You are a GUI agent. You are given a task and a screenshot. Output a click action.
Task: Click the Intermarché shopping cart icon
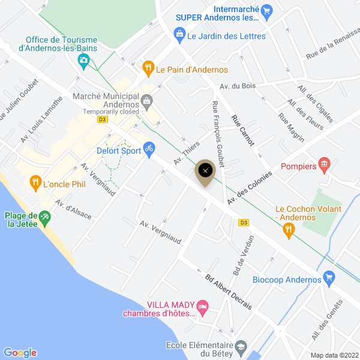268,10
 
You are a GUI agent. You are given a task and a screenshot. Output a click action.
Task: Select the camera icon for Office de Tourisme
84,60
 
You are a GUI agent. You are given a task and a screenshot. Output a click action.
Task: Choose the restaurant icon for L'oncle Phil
35,181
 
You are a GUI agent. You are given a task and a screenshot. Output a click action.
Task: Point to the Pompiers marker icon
325,163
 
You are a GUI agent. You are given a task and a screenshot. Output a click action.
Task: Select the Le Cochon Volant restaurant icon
289,229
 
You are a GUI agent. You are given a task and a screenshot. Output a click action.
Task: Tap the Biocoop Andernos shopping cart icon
328,277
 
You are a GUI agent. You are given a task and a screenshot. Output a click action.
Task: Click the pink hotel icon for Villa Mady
203,308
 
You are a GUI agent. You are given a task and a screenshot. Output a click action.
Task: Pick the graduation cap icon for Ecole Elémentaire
241,347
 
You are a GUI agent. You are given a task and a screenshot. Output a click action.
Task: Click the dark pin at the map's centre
206,170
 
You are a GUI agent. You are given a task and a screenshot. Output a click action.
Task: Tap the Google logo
20,353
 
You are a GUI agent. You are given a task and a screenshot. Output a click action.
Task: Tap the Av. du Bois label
238,86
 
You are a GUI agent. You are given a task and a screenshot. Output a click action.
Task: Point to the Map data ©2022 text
335,355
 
